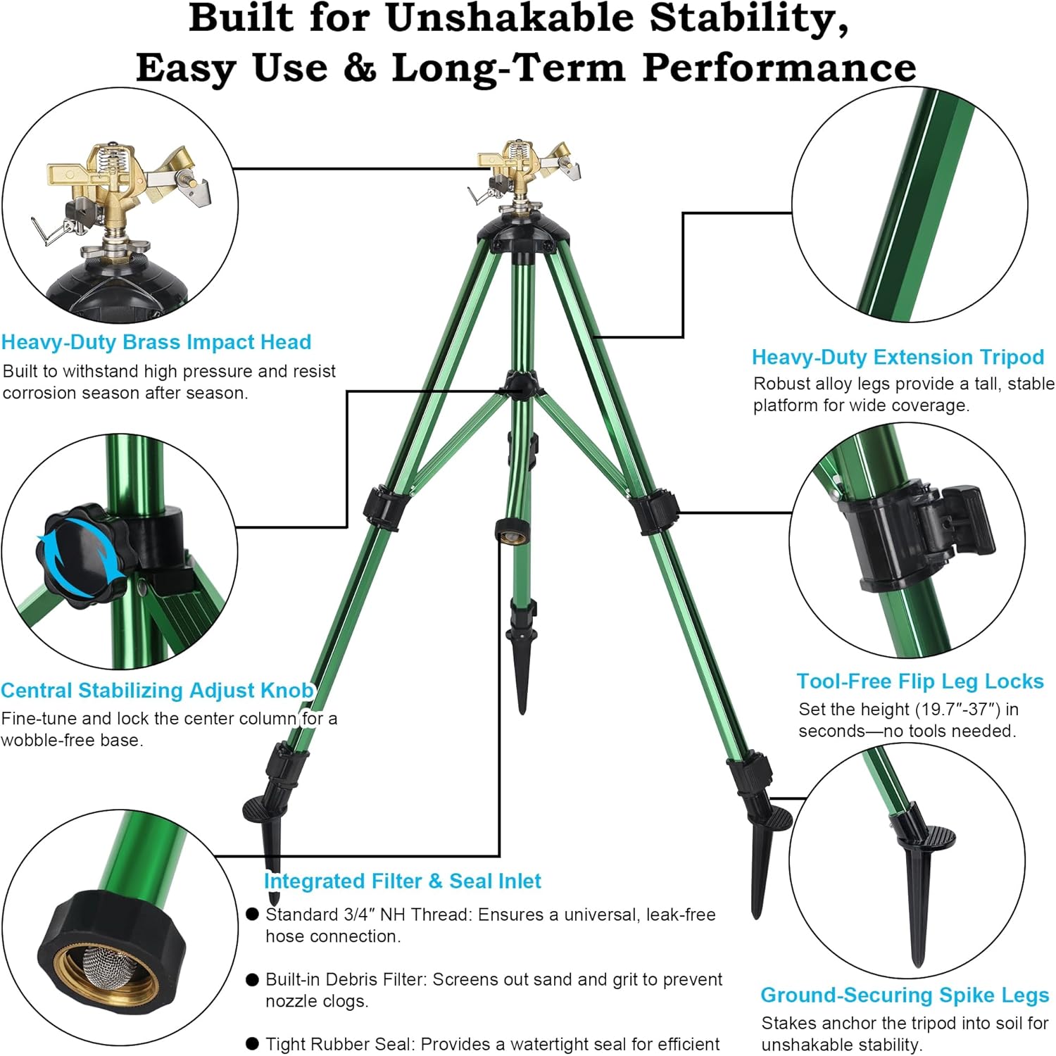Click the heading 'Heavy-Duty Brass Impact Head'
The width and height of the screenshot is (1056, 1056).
click(156, 342)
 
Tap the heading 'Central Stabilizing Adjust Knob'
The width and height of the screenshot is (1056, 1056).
click(157, 690)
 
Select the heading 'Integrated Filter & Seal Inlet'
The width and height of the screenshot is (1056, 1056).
click(402, 881)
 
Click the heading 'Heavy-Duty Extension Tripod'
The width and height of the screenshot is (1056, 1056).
click(898, 357)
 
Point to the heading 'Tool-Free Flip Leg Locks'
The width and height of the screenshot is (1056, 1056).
click(919, 681)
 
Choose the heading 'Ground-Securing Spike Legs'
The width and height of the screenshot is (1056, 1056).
click(905, 995)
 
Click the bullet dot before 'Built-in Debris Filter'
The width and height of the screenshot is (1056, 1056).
click(252, 980)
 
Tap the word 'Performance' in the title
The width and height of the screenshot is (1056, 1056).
click(779, 68)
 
